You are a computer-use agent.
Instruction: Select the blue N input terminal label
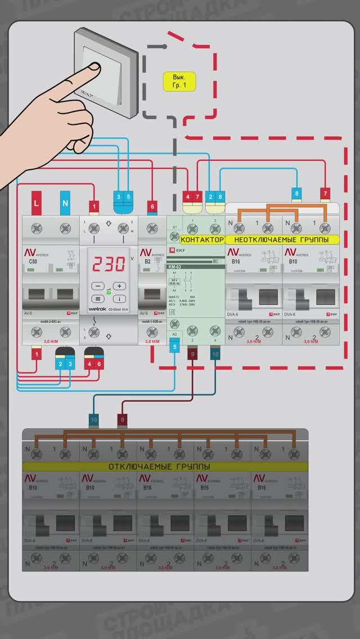[x=65, y=202]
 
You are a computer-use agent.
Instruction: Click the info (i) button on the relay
[x=121, y=299]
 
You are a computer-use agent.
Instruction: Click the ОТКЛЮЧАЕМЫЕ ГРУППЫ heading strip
[x=159, y=467]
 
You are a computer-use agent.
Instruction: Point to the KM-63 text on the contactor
[x=175, y=267]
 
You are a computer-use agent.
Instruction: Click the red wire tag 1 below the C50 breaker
[x=37, y=354]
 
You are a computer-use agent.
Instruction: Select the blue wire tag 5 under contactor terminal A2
[x=174, y=346]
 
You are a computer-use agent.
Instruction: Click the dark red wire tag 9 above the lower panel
[x=123, y=419]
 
